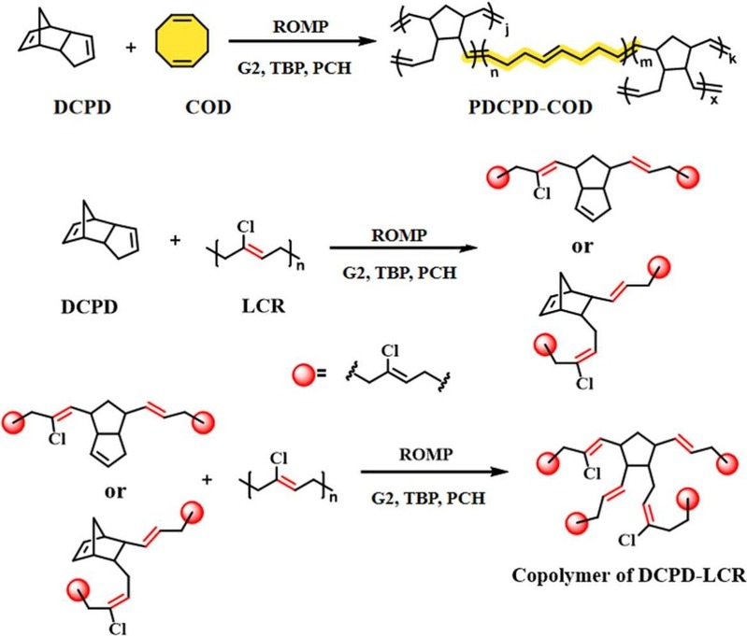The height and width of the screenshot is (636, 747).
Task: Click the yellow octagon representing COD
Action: click(x=177, y=41)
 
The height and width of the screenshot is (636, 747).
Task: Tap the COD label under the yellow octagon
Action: click(x=208, y=107)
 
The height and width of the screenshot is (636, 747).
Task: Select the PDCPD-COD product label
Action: click(x=530, y=107)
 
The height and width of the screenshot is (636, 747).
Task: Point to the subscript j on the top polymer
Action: click(x=507, y=32)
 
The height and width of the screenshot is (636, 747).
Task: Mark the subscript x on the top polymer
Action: click(x=714, y=100)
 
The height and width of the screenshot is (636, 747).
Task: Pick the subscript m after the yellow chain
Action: click(x=645, y=62)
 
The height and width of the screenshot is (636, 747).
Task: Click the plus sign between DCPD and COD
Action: click(x=131, y=48)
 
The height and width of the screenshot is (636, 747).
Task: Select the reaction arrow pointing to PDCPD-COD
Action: click(x=303, y=41)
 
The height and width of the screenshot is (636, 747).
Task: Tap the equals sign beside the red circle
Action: click(x=322, y=374)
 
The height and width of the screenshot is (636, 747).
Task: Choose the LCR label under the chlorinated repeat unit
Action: click(x=264, y=305)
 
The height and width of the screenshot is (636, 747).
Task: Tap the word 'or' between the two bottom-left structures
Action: click(x=115, y=491)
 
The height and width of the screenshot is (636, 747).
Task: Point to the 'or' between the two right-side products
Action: click(x=582, y=247)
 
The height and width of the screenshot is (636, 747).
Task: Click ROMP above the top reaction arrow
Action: click(x=301, y=26)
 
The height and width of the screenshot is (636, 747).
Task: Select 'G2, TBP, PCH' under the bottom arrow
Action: click(x=428, y=499)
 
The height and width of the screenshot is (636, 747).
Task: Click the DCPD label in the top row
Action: click(x=82, y=107)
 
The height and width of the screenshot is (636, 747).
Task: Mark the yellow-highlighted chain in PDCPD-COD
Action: click(x=548, y=56)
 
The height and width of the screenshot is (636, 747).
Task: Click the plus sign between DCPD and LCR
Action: click(x=176, y=240)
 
